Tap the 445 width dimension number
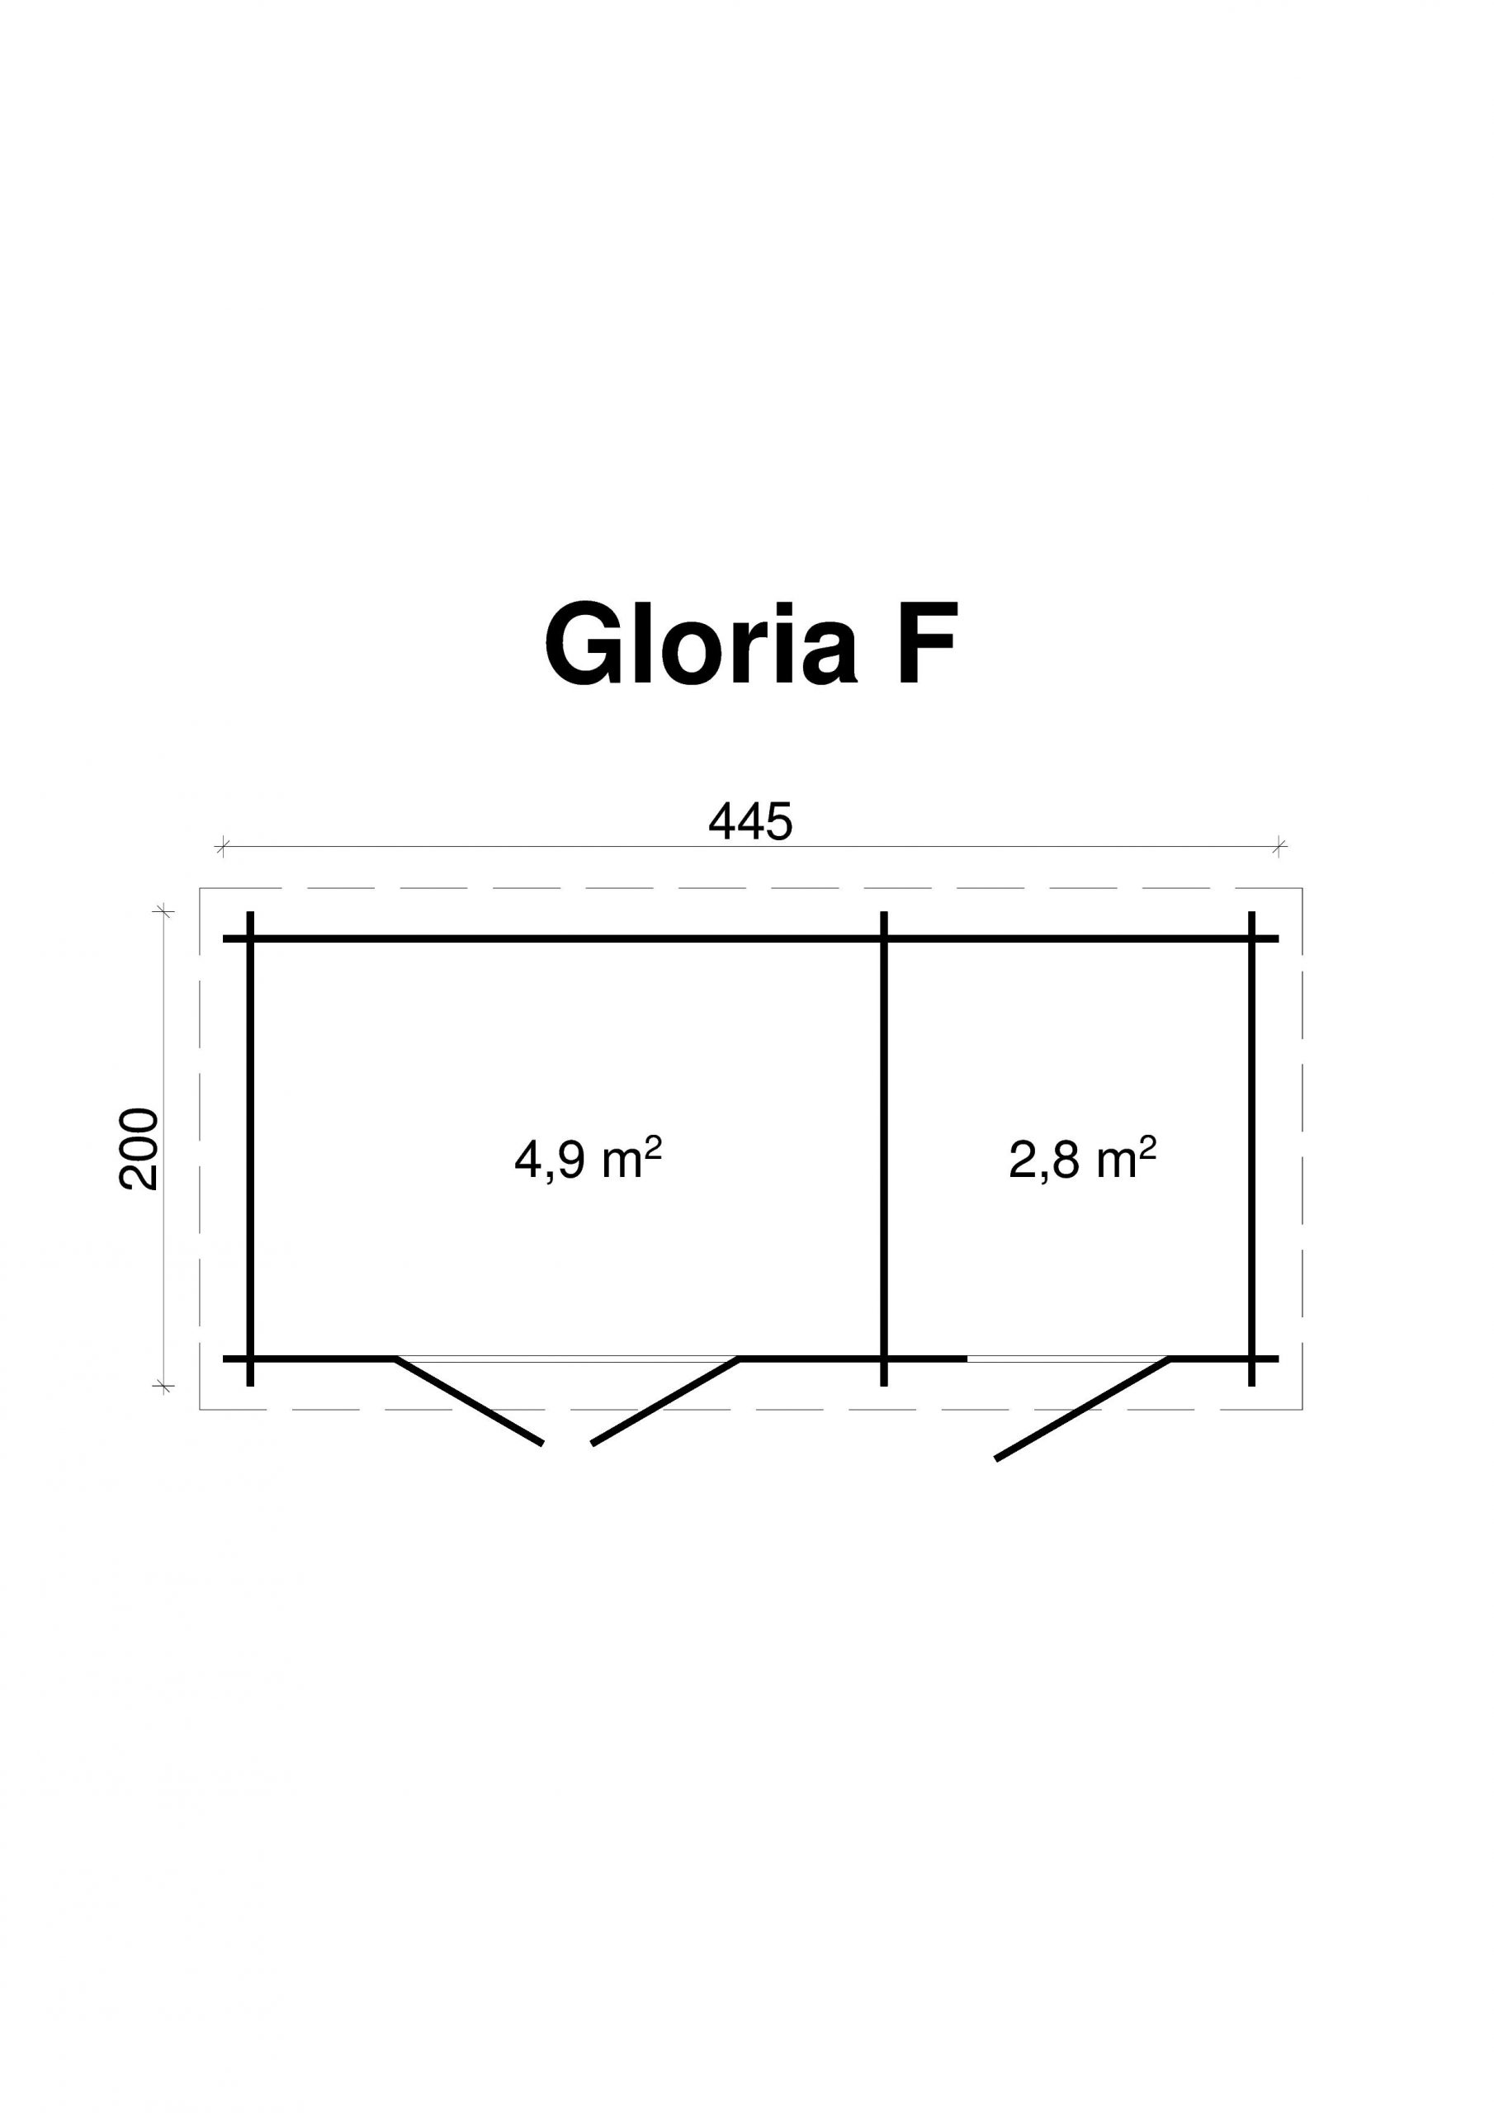click(750, 822)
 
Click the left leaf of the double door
click(469, 1401)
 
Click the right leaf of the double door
click(664, 1401)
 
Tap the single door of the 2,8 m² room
click(1082, 1408)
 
